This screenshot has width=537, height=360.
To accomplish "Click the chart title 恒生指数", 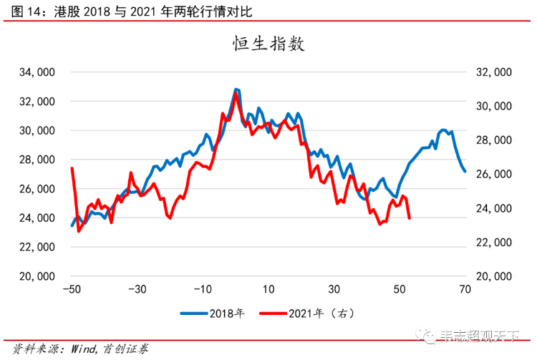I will [268, 44].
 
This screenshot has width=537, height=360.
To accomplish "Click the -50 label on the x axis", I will [71, 290].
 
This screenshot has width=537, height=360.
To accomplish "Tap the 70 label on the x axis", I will [465, 290].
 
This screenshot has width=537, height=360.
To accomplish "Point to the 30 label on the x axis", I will [334, 290].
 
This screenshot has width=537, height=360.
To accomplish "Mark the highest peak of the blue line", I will [236, 89].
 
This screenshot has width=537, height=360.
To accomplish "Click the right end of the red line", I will [409, 218].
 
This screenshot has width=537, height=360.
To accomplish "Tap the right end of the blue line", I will [465, 171].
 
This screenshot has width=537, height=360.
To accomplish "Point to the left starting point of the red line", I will [72, 168].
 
